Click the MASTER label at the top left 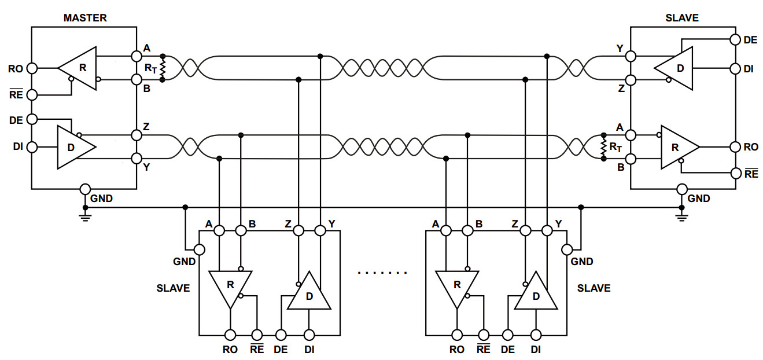tap(85, 18)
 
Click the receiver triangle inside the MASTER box tap(80, 68)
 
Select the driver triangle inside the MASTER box tap(74, 147)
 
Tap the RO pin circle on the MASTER tap(32, 68)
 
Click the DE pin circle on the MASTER tap(32, 119)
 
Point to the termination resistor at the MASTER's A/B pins tap(163, 68)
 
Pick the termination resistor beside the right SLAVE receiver tap(603, 146)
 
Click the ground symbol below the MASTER tap(85, 216)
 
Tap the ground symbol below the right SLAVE tap(682, 216)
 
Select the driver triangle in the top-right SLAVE tap(676, 68)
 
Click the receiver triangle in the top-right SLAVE tap(678, 147)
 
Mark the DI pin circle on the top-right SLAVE tap(735, 68)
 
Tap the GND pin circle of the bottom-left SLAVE tap(199, 250)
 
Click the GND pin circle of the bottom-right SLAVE tap(567, 250)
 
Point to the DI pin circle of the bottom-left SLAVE tap(309, 335)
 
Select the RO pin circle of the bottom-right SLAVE tap(457, 335)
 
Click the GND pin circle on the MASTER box tap(85, 189)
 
